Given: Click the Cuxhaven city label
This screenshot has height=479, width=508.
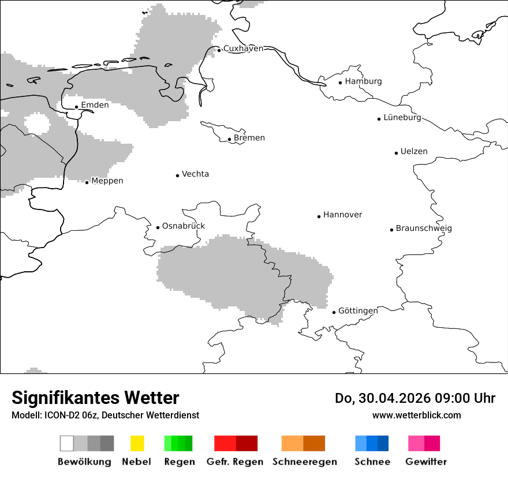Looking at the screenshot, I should pyautogui.click(x=243, y=48).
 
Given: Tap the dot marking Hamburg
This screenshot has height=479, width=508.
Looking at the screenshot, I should pyautogui.click(x=340, y=83).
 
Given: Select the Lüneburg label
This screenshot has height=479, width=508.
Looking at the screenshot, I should pyautogui.click(x=402, y=118).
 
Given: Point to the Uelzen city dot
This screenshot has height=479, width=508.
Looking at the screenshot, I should pyautogui.click(x=396, y=153).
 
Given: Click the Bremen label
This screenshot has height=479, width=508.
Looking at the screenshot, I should pyautogui.click(x=249, y=138).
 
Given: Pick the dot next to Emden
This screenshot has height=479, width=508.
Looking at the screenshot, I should pyautogui.click(x=76, y=107).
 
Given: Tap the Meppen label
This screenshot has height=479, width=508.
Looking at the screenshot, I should pyautogui.click(x=107, y=181).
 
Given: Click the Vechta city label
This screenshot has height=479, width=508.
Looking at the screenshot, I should pyautogui.click(x=195, y=174).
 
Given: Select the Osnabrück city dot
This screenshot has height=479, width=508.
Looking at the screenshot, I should pyautogui.click(x=158, y=227).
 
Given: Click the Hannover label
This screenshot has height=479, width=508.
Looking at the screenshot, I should pyautogui.click(x=343, y=215).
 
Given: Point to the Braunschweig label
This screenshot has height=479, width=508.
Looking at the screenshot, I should pyautogui.click(x=424, y=229).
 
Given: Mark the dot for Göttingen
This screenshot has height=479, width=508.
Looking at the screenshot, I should pyautogui.click(x=334, y=312).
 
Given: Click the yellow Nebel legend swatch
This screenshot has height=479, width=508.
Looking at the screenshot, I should pyautogui.click(x=137, y=443).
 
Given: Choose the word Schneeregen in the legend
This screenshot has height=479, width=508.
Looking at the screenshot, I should pyautogui.click(x=304, y=462).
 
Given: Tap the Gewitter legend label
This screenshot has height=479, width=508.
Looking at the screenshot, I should pyautogui.click(x=426, y=462).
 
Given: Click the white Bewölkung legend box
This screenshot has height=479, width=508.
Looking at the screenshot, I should pyautogui.click(x=66, y=443).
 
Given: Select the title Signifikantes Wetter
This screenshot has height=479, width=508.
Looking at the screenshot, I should pyautogui.click(x=95, y=398).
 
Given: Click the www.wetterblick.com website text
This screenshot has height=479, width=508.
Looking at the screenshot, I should pyautogui.click(x=417, y=416).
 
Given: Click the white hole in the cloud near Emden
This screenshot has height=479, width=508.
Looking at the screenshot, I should pyautogui.click(x=36, y=123).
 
